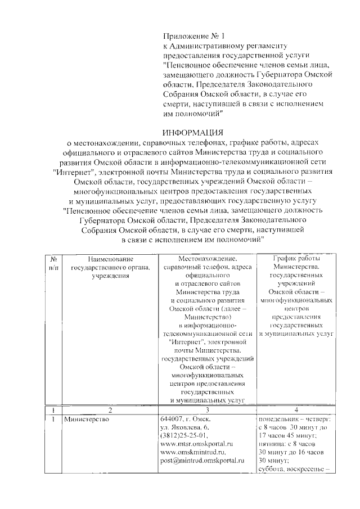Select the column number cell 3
click(207, 410)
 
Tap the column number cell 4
click(296, 410)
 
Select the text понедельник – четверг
click(294, 420)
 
